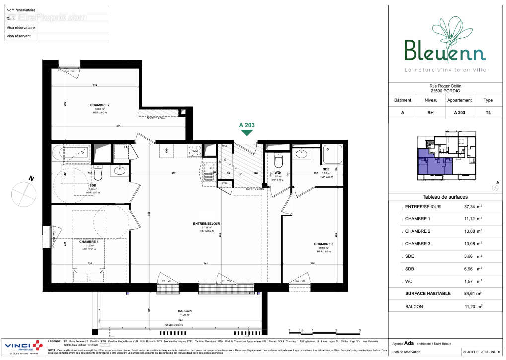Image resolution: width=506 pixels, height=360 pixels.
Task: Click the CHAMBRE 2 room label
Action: [x=99, y=105]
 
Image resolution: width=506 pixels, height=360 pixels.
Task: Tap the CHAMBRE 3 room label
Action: [x=323, y=244]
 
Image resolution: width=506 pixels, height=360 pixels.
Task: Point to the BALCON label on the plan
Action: [x=185, y=311]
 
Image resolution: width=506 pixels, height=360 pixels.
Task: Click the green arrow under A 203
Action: [x=247, y=133]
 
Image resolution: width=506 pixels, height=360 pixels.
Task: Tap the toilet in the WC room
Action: [x=278, y=161]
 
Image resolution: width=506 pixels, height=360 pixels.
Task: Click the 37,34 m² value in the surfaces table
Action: [x=468, y=206]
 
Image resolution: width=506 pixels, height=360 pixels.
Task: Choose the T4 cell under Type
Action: [x=488, y=113]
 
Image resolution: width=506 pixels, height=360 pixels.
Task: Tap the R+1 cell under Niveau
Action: [x=431, y=113]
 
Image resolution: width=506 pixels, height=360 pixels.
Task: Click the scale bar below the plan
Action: [x=324, y=332]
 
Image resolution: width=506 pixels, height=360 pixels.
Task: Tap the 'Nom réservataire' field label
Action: [x=21, y=10]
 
